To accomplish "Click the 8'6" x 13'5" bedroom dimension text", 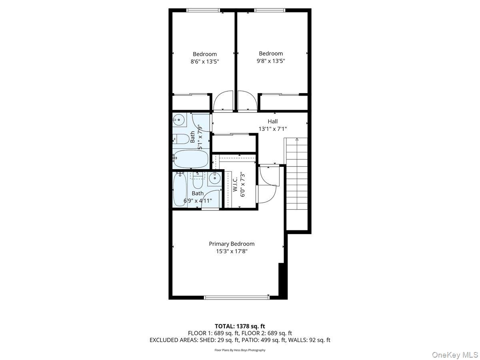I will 205,62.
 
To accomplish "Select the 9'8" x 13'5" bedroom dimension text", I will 271,61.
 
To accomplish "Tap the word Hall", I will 273,121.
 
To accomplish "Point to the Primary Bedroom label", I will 232,244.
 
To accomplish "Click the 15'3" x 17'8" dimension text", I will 232,251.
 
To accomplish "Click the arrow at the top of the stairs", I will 297,140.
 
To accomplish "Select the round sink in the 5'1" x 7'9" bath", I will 179,119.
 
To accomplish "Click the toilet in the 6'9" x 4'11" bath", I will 198,180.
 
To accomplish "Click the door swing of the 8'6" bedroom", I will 223,102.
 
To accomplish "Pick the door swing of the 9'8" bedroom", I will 247,102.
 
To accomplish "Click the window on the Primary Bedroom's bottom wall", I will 237,297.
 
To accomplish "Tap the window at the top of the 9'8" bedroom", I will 270,10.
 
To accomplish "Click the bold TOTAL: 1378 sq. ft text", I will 240,326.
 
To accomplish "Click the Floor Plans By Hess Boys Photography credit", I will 240,350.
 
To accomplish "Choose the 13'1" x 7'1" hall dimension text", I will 273,129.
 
